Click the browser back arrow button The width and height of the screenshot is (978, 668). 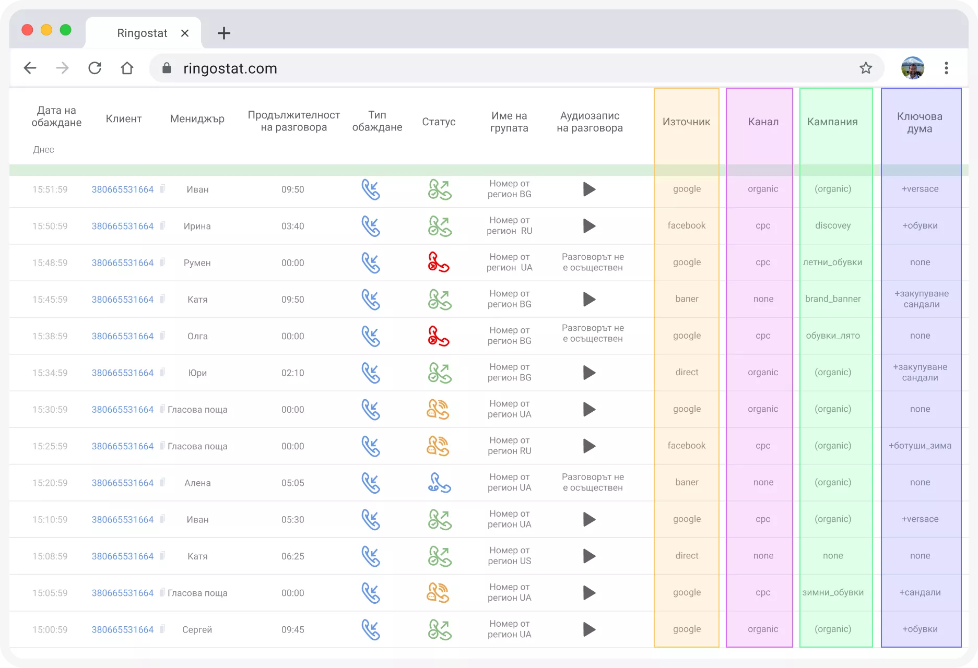[x=30, y=68]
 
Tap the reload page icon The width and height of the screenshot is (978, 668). [x=95, y=68]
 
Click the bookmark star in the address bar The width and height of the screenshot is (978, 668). [x=866, y=68]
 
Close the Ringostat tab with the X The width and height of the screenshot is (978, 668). [x=185, y=33]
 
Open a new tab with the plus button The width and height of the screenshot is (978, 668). [x=224, y=33]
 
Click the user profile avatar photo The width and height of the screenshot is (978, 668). [x=913, y=68]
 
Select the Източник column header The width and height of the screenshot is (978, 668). [x=686, y=122]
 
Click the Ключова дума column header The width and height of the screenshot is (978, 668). [x=920, y=123]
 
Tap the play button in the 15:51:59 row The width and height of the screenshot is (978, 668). [x=590, y=189]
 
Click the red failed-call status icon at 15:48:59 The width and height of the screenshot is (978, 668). [x=439, y=263]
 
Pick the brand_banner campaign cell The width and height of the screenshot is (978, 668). [x=833, y=299]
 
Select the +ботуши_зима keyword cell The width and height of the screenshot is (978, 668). [x=920, y=446]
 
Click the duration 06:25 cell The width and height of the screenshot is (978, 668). [x=292, y=556]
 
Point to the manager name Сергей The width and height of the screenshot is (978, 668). [x=197, y=629]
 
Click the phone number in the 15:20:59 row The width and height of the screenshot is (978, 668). [x=123, y=483]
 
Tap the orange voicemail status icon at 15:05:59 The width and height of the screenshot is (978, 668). [x=438, y=593]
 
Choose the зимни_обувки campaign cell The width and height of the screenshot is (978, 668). [x=833, y=592]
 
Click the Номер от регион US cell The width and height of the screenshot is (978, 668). [x=510, y=556]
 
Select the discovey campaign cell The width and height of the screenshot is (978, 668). [x=833, y=225]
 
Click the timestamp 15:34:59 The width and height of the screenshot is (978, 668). [x=50, y=373]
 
